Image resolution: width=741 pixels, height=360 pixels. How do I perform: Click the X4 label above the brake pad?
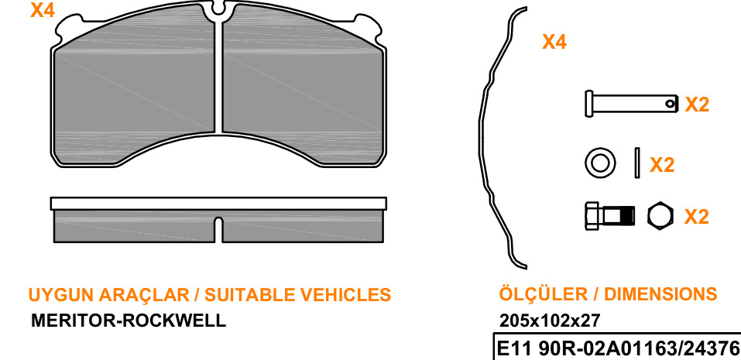tap(43, 10)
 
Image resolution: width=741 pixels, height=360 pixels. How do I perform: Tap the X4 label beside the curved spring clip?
tap(554, 42)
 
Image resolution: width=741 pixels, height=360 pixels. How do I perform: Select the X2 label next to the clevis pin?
tap(697, 105)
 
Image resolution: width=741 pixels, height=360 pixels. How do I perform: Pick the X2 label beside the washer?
tap(662, 165)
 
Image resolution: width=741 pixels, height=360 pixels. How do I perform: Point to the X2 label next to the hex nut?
tap(697, 216)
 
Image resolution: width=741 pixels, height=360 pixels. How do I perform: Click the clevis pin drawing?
tap(631, 104)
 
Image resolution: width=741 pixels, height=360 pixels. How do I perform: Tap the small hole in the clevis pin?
tap(669, 103)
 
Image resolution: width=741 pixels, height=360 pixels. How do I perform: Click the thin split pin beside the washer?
tap(637, 163)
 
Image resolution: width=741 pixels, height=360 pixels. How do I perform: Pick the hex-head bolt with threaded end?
tap(609, 216)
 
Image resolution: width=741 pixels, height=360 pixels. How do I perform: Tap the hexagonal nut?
tap(661, 216)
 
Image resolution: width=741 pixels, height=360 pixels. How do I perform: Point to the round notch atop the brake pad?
tap(218, 9)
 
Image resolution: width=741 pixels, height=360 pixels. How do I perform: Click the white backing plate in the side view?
tap(218, 204)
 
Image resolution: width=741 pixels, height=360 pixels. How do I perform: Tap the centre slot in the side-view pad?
tap(218, 230)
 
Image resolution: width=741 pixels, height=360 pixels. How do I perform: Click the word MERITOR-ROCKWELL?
tap(129, 321)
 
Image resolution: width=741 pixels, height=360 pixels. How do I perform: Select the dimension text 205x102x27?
tap(550, 321)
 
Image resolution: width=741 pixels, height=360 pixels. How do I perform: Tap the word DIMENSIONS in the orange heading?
tap(660, 294)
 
